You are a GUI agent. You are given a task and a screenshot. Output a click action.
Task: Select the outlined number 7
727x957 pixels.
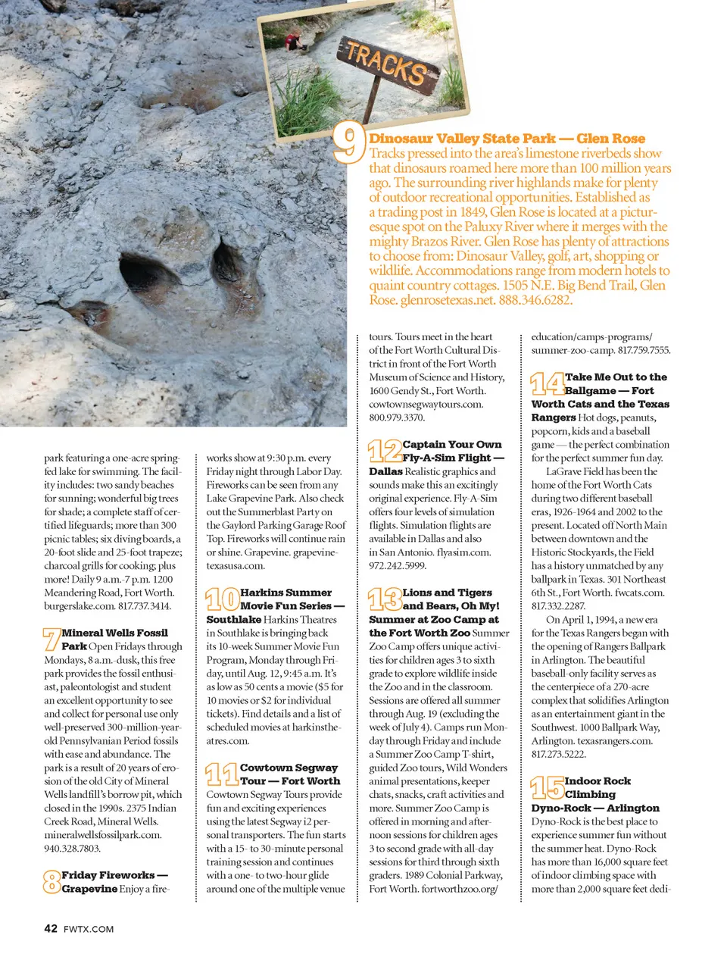point(51,639)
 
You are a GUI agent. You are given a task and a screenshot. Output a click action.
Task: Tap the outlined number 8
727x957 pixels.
point(51,881)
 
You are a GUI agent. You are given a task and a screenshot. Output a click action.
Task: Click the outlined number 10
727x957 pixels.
point(223,599)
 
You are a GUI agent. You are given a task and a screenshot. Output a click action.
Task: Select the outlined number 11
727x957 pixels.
point(222,774)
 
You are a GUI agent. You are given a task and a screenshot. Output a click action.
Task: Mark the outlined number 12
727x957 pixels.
point(385,451)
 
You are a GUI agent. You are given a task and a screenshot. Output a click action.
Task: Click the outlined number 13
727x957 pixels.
point(385,599)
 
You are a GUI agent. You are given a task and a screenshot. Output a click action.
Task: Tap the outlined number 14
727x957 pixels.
point(547,383)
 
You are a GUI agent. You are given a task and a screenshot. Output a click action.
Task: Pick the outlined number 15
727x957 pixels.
point(547,787)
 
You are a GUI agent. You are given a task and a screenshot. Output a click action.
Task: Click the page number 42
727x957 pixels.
point(51,928)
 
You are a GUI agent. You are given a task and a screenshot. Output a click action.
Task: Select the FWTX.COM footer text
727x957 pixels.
point(89,929)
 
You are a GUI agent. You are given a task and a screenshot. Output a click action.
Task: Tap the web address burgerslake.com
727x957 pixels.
point(79,606)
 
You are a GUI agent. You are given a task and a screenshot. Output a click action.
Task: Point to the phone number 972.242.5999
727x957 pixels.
point(398,565)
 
